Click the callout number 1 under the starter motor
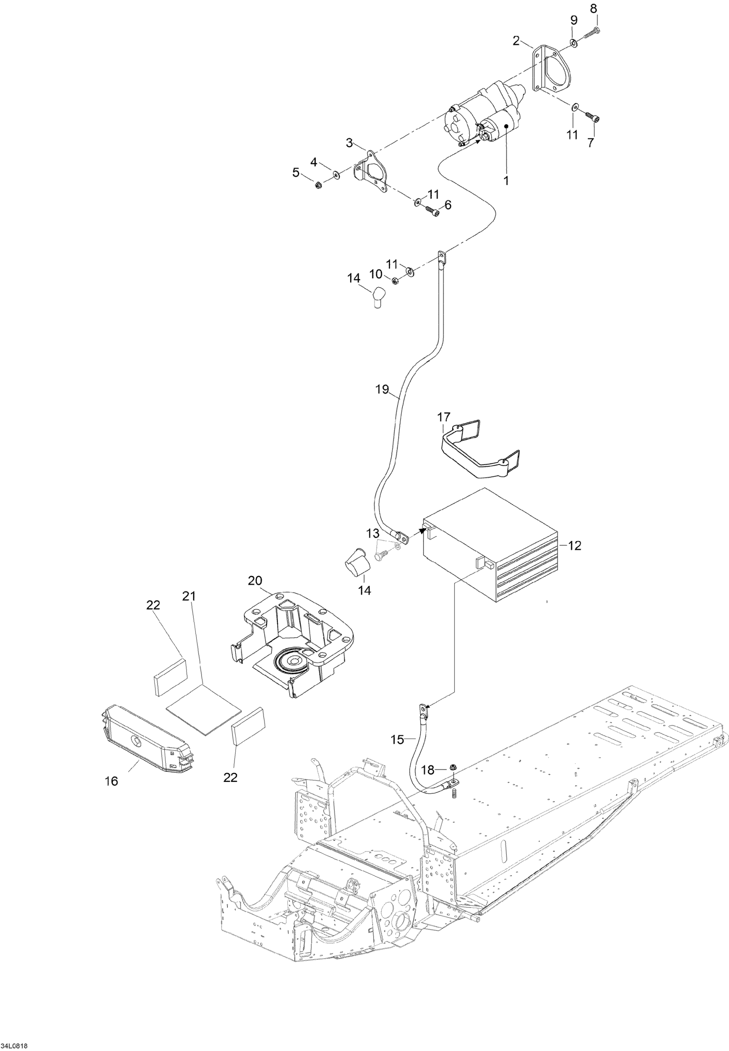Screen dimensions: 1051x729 click(506, 181)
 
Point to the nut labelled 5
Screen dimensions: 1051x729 click(318, 185)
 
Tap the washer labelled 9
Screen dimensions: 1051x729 click(573, 43)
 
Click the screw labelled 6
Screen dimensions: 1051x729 click(432, 211)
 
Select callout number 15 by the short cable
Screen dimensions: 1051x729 click(397, 739)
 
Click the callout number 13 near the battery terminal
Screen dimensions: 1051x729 click(373, 533)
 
